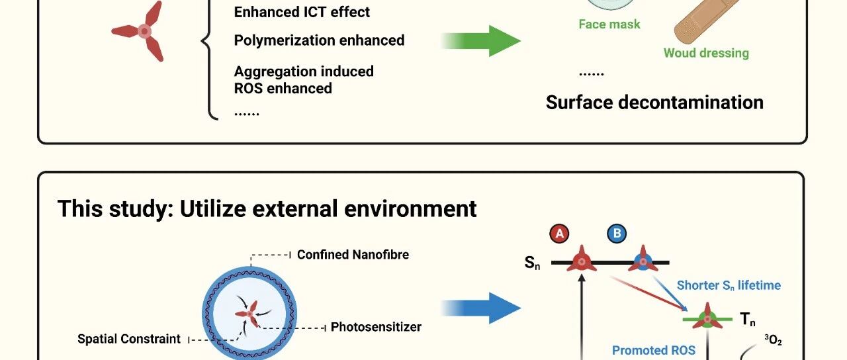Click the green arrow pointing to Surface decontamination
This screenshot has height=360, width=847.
tap(481, 41)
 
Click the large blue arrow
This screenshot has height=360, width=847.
tap(481, 308)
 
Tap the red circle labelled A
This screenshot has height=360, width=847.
tap(559, 234)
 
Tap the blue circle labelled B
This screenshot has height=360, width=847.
tap(617, 234)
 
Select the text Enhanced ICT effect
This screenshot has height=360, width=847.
tap(302, 12)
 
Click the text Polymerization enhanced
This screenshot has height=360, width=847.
tap(319, 40)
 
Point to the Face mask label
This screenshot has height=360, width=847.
tap(609, 24)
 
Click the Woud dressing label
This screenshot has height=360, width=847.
tap(706, 53)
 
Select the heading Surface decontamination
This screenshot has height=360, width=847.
tap(654, 103)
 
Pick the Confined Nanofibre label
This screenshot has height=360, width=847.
tap(353, 255)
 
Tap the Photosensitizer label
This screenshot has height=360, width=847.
tap(376, 327)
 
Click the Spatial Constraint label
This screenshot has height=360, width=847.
tap(129, 339)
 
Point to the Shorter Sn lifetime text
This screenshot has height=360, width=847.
tap(729, 285)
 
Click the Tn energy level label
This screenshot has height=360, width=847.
tap(748, 319)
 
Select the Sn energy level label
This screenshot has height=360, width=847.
tap(532, 263)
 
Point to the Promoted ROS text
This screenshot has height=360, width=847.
tap(653, 351)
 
